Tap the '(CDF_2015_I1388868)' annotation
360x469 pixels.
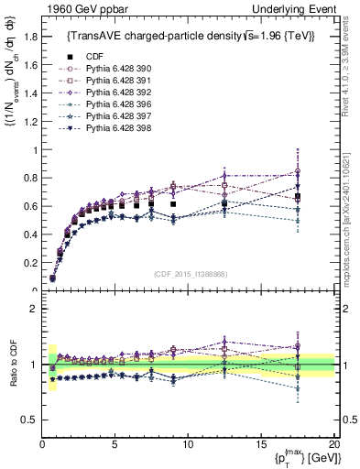(190, 274)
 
